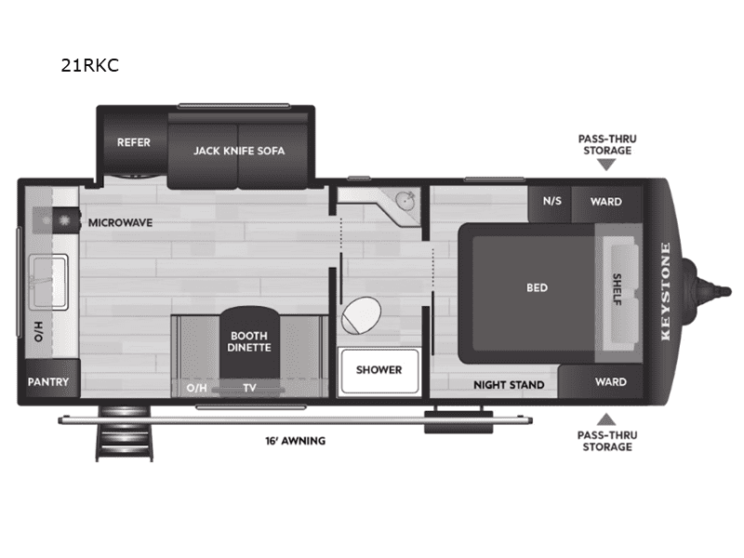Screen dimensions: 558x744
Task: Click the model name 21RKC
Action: (x=89, y=66)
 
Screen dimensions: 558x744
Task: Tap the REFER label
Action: (x=133, y=143)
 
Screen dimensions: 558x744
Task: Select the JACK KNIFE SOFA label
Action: (x=239, y=150)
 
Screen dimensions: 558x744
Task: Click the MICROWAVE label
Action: (x=120, y=223)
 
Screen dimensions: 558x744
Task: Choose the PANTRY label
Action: (x=48, y=382)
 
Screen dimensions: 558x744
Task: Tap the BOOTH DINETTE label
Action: (x=248, y=341)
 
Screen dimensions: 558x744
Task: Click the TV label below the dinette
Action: (x=249, y=388)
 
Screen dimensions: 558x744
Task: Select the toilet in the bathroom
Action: (x=360, y=316)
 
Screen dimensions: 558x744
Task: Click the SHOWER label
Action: (x=379, y=369)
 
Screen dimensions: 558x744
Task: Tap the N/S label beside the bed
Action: (x=551, y=202)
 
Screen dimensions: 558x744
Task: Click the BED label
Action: (x=537, y=287)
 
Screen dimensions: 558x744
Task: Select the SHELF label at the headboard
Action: (x=618, y=287)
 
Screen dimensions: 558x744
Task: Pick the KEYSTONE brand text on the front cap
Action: (x=665, y=292)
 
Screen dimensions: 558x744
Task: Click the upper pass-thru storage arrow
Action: (x=606, y=165)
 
